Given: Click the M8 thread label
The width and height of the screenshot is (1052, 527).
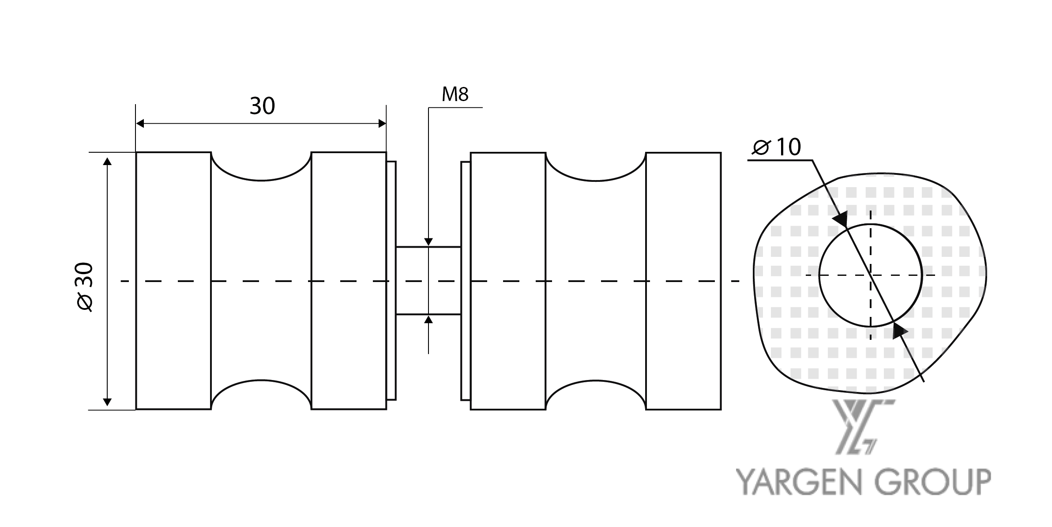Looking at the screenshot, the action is tap(455, 94).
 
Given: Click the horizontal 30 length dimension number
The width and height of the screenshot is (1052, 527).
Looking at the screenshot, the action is tap(262, 106).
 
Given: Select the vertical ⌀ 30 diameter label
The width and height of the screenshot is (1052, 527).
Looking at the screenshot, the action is tap(85, 287).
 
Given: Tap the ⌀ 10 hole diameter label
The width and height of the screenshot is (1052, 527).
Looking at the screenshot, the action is tap(776, 147).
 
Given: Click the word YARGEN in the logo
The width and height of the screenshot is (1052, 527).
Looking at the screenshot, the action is tap(797, 482).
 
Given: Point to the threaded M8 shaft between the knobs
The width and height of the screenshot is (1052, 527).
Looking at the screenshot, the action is tap(428, 281).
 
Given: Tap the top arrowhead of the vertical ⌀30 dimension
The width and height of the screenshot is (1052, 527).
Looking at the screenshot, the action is tap(107, 161).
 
